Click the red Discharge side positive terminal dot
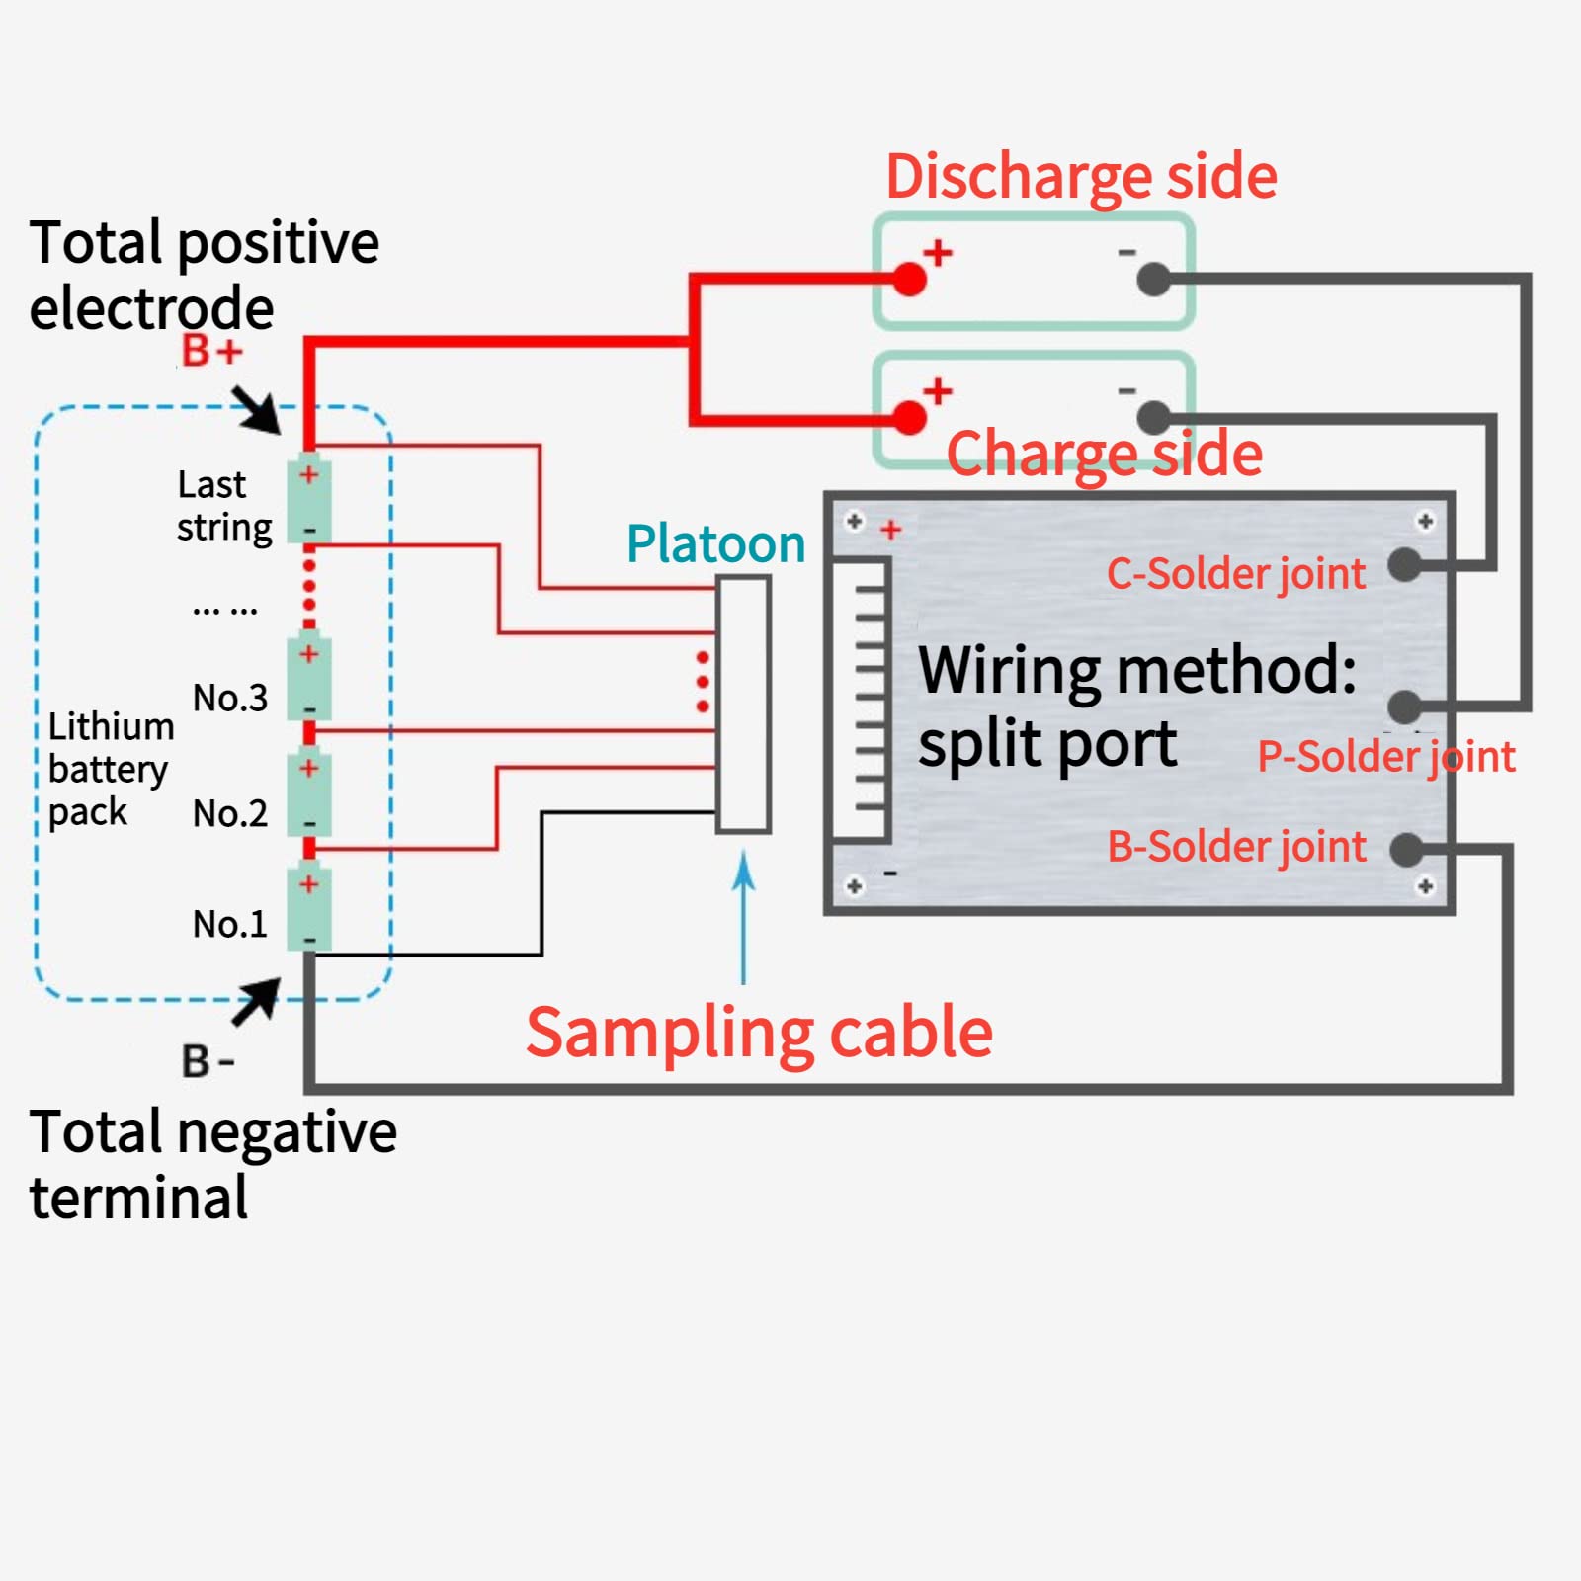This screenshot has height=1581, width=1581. click(909, 280)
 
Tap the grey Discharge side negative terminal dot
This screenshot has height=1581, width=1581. click(1153, 280)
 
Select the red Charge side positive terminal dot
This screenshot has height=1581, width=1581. click(909, 418)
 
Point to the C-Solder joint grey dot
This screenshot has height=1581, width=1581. click(1404, 565)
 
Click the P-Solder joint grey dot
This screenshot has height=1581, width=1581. click(1404, 707)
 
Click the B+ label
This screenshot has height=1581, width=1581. click(211, 351)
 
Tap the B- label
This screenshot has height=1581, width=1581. click(207, 1061)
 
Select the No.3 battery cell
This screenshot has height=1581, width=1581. click(309, 679)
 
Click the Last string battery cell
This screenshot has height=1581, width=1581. click(309, 501)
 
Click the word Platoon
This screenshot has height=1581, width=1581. click(715, 544)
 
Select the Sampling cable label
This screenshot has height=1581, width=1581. click(759, 1033)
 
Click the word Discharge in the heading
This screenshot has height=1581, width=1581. click(1018, 177)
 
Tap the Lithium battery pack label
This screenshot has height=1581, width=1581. click(109, 769)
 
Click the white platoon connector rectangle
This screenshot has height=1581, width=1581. click(743, 705)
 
